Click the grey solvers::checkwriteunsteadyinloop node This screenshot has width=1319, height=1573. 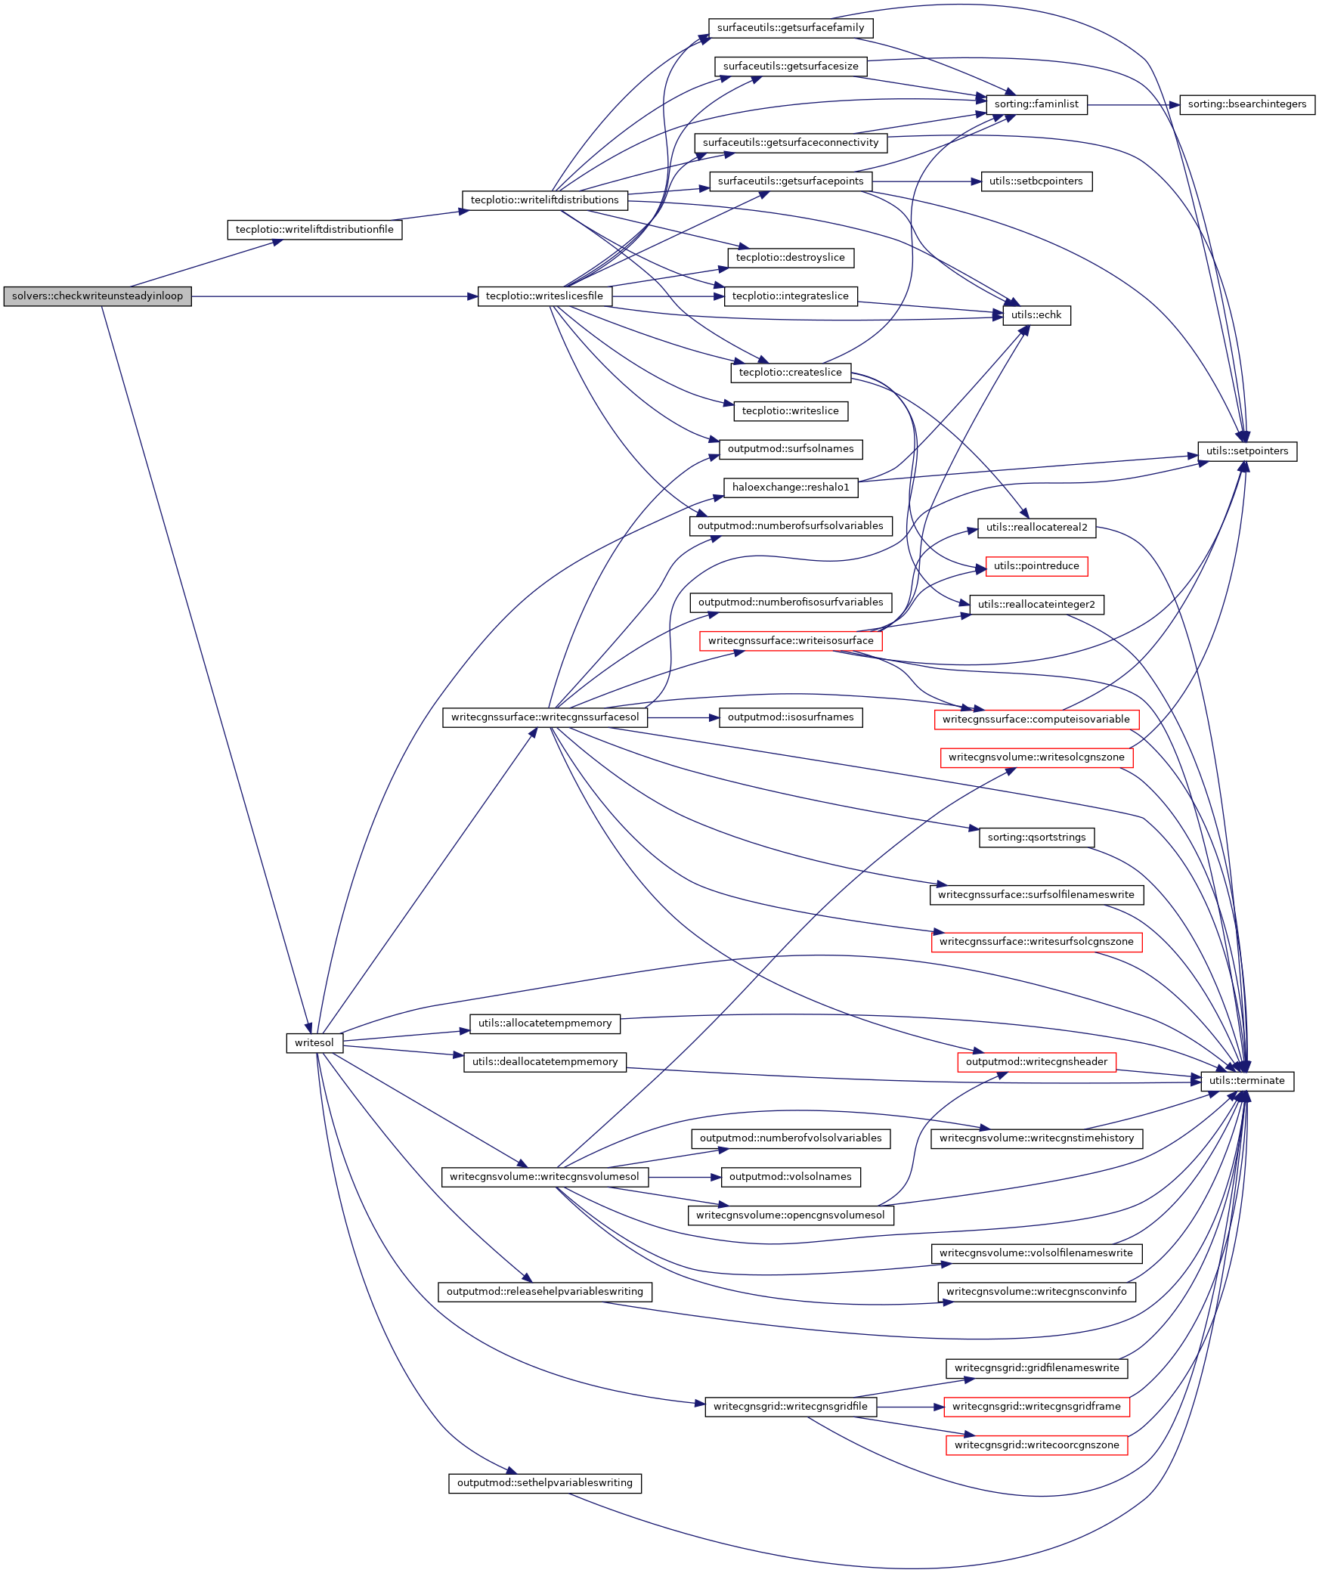[x=97, y=296]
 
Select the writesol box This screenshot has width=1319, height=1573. [x=314, y=1043]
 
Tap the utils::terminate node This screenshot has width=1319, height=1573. [x=1246, y=1081]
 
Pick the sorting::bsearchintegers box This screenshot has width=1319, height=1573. [x=1246, y=104]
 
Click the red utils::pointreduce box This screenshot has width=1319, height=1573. [x=1036, y=566]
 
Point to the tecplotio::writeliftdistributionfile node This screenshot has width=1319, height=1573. [x=314, y=230]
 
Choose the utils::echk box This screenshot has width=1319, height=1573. [x=1036, y=315]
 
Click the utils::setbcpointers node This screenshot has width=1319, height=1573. [x=1036, y=181]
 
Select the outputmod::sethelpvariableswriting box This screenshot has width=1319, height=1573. [x=544, y=1483]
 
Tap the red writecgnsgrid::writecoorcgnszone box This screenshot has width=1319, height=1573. [x=1036, y=1445]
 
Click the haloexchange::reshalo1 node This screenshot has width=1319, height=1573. [x=791, y=488]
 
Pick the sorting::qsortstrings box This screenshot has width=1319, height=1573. [x=1036, y=838]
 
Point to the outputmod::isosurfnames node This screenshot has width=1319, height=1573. [x=791, y=717]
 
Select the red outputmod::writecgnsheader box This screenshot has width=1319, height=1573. [x=1036, y=1062]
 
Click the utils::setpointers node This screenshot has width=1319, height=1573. [x=1246, y=451]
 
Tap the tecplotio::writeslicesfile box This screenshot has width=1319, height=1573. [x=544, y=296]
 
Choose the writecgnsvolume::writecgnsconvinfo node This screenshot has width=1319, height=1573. [x=1036, y=1292]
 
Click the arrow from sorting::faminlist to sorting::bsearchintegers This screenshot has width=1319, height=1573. [x=1133, y=105]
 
